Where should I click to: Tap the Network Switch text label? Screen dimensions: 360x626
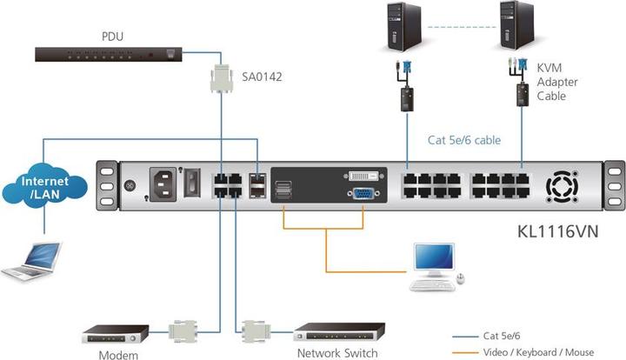pyautogui.click(x=337, y=353)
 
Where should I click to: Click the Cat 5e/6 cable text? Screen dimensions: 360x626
pyautogui.click(x=464, y=139)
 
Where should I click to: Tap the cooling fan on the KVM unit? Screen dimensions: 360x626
pyautogui.click(x=559, y=187)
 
